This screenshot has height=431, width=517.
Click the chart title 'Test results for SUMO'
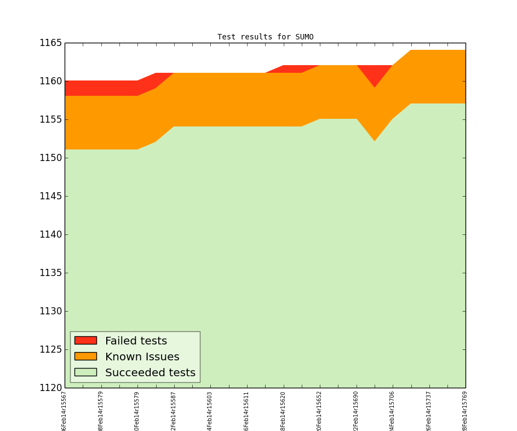pyautogui.click(x=265, y=37)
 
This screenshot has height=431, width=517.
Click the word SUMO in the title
pyautogui.click(x=304, y=37)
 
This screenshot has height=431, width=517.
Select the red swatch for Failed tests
pyautogui.click(x=85, y=341)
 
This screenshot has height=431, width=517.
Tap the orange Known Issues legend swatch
pyautogui.click(x=85, y=357)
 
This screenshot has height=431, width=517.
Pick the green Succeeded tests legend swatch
pyautogui.click(x=85, y=372)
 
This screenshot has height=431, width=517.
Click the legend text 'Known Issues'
pyautogui.click(x=142, y=357)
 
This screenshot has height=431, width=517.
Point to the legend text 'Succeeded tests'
pyautogui.click(x=150, y=373)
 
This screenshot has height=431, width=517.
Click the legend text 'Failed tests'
pyautogui.click(x=136, y=341)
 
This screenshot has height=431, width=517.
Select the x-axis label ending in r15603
pyautogui.click(x=210, y=411)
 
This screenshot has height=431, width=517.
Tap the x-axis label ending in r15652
pyautogui.click(x=319, y=411)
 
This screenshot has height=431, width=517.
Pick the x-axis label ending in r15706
pyautogui.click(x=392, y=411)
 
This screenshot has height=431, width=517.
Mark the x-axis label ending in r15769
pyautogui.click(x=465, y=411)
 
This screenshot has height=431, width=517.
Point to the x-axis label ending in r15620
pyautogui.click(x=283, y=411)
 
